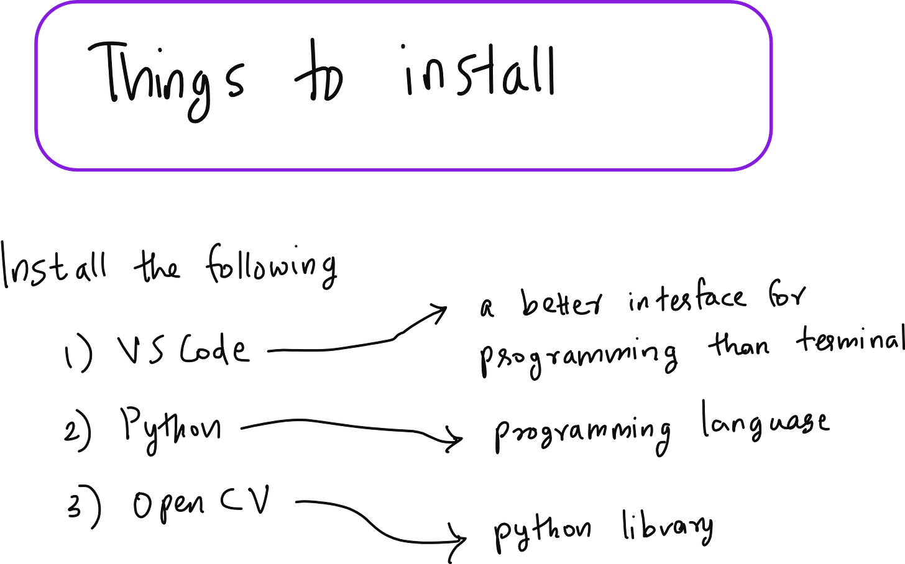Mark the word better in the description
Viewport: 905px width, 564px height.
560,304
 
